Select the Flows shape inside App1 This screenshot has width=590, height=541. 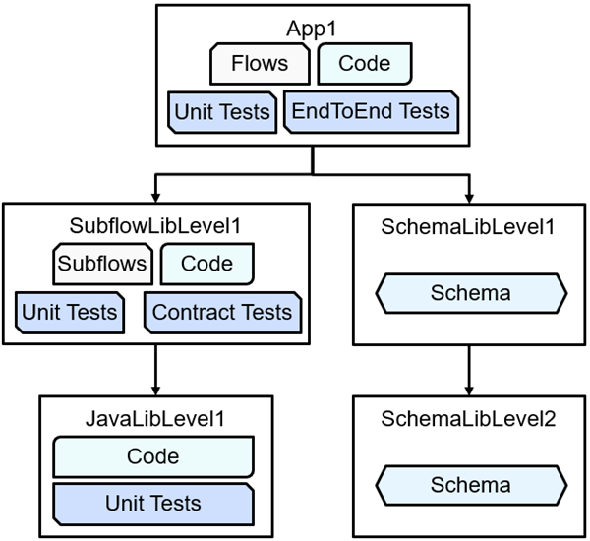point(260,65)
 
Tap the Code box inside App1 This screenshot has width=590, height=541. point(364,65)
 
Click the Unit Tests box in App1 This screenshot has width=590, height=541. point(221,111)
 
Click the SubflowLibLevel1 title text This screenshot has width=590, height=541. point(156,226)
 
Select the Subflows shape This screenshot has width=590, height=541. point(102,264)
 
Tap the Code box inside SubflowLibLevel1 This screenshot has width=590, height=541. point(206,264)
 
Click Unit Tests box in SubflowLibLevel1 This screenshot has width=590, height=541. point(69,313)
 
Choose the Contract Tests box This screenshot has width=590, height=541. point(222,313)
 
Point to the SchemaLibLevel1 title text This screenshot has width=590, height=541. point(468,226)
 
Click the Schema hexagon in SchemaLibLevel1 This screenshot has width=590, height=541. point(470,293)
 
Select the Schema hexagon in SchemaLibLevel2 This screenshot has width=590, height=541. point(470,485)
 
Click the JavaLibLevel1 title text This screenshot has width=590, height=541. point(156,419)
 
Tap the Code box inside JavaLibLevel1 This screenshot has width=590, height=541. point(153,456)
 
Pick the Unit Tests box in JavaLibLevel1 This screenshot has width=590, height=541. point(153,504)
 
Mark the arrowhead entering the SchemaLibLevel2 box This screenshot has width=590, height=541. point(468,387)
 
